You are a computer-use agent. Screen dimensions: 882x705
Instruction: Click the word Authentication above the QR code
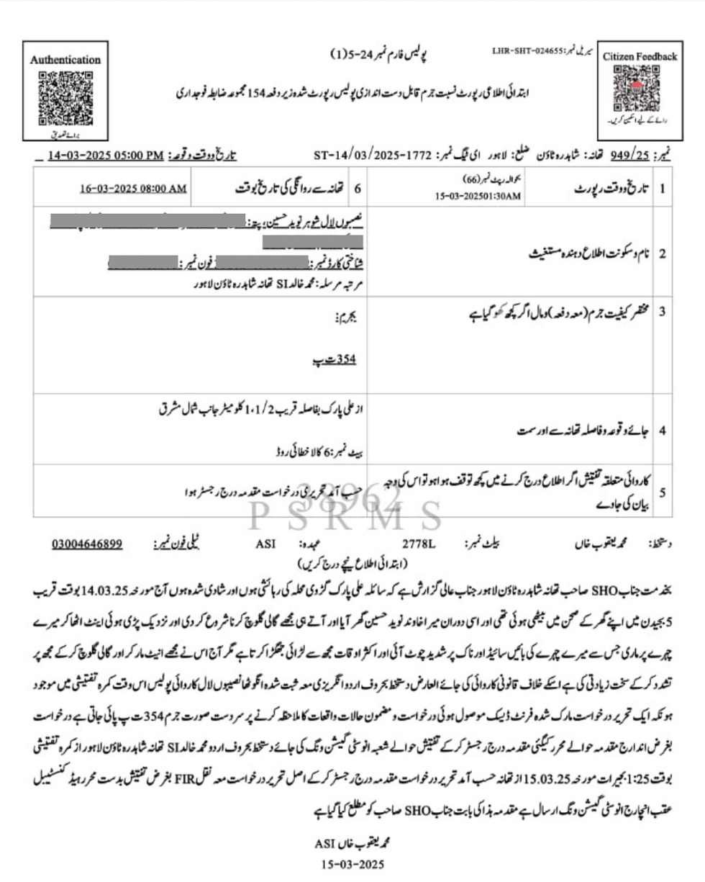click(x=65, y=60)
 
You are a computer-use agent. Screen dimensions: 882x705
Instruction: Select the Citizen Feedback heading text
click(x=640, y=56)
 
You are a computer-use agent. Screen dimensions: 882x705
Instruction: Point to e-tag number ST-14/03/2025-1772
click(x=372, y=156)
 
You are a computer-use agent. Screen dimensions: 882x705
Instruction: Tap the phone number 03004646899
click(x=87, y=544)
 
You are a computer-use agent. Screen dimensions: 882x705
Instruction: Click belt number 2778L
click(x=419, y=544)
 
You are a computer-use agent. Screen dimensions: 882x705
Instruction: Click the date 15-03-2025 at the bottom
click(x=352, y=863)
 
